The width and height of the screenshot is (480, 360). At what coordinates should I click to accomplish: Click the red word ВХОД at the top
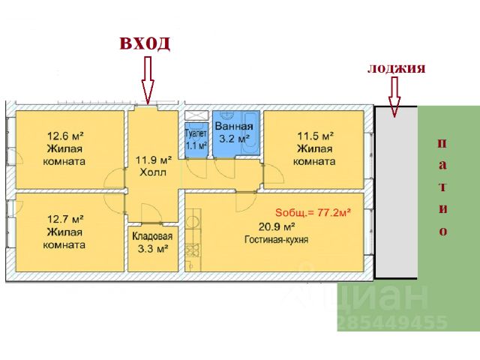pos(145,43)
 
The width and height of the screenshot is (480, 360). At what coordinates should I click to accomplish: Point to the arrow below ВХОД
pos(148,80)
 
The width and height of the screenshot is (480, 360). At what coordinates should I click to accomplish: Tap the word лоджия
pos(397,68)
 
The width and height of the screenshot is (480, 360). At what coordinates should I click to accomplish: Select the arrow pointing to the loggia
pos(394,97)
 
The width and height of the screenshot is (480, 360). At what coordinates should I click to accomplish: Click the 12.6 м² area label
pos(65,135)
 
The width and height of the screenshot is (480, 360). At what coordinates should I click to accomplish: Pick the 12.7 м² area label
pos(65,219)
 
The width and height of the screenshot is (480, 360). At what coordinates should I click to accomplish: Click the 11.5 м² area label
pos(316,135)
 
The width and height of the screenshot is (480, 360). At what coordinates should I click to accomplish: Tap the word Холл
pos(153,172)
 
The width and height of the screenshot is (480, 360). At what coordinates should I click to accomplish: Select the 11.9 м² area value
pos(154,160)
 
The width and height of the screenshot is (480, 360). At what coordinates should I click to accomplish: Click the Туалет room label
pos(196,133)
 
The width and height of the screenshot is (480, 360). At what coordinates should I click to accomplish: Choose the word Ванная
pos(234,126)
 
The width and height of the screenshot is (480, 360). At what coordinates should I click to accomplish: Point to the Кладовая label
pos(152,236)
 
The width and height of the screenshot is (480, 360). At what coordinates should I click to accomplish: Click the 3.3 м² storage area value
pos(153,248)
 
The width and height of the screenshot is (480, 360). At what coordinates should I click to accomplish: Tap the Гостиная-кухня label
pos(276,239)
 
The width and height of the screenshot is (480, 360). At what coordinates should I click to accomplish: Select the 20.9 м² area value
pos(277,226)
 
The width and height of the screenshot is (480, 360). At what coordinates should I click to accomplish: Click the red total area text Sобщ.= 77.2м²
pos(313,212)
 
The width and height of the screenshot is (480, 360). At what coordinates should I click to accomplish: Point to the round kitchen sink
pos(193,221)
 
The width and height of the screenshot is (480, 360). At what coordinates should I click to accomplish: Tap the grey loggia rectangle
pos(397,192)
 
